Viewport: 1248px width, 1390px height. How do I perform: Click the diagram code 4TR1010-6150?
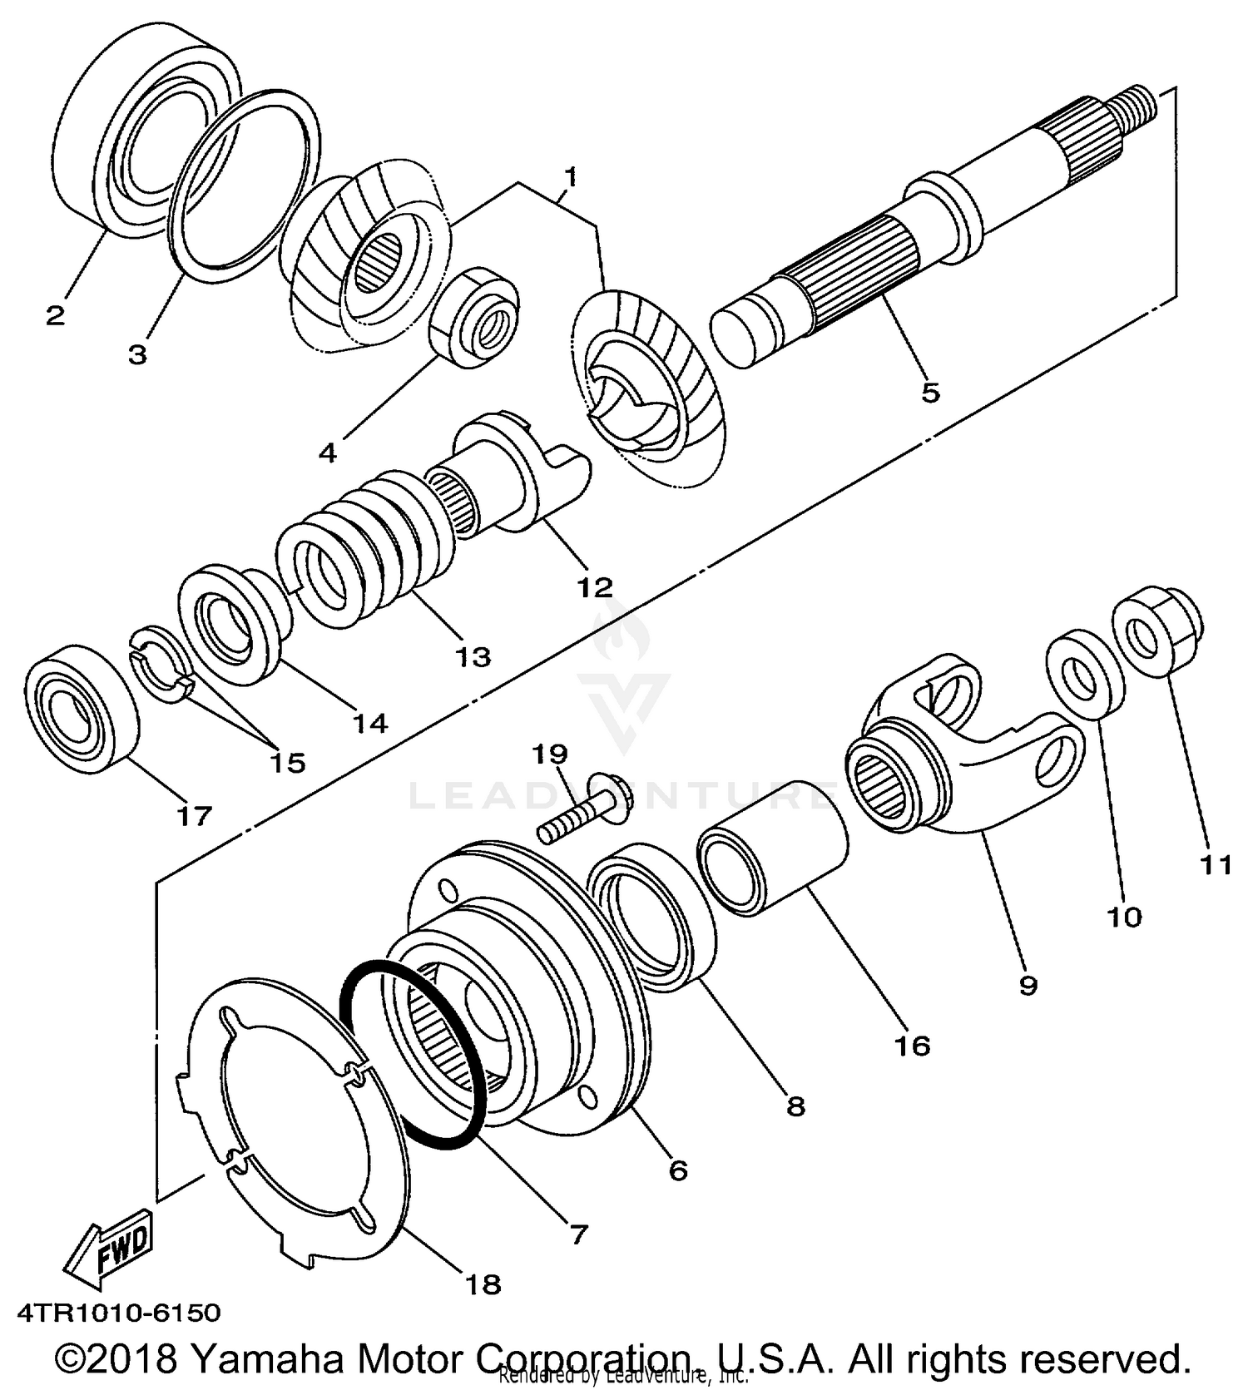pos(119,1313)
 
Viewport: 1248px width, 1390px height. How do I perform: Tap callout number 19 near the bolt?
pos(550,754)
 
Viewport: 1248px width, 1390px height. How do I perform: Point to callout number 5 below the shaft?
pos(930,392)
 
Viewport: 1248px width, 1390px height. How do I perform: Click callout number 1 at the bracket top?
pos(570,177)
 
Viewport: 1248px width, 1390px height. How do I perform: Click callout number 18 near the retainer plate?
pos(483,1284)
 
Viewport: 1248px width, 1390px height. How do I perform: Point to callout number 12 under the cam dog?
pos(595,586)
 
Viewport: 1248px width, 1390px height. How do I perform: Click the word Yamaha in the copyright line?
pos(267,1359)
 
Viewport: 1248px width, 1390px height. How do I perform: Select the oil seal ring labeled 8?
pos(653,915)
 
